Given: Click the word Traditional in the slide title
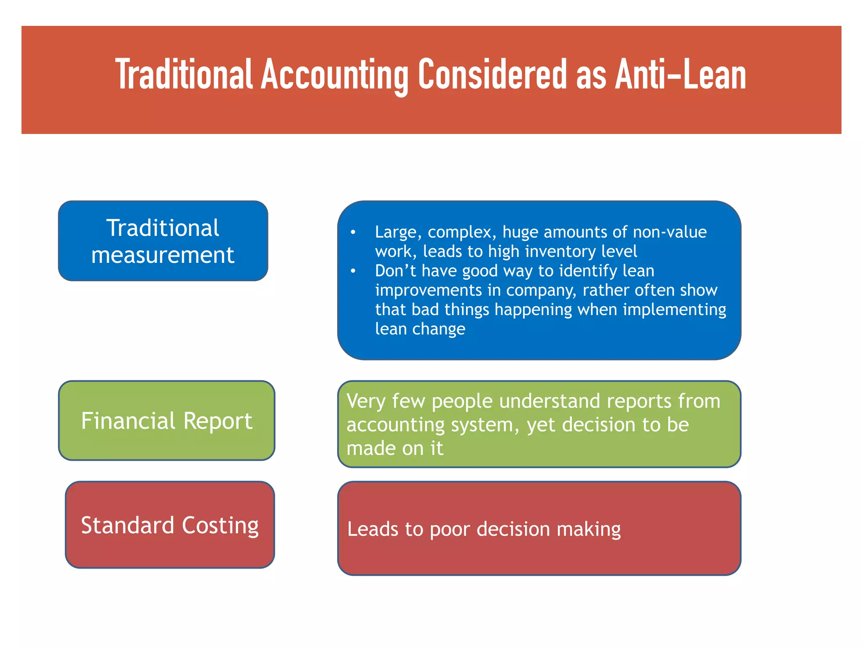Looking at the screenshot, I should [184, 75].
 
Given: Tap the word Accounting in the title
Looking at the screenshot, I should [335, 75].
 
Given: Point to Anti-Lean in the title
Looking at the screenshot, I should [680, 75].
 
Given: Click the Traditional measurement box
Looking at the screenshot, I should [163, 241].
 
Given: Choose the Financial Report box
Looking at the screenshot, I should [166, 420].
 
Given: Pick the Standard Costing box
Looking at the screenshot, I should [170, 525].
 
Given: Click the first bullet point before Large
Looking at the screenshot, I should [353, 232].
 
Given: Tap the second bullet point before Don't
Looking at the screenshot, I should [353, 271].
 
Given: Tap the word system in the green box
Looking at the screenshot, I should [485, 425].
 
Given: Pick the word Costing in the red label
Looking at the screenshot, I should [220, 525].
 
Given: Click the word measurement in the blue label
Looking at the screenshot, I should [163, 255].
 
